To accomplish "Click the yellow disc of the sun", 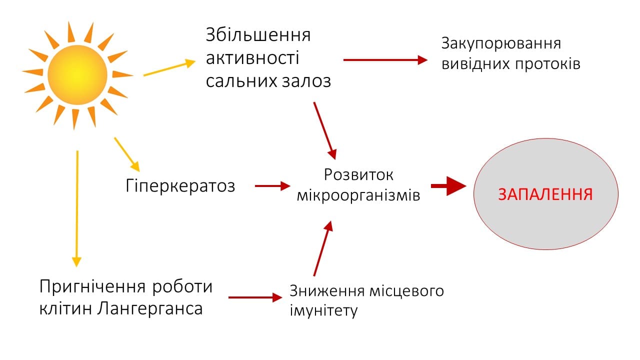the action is click(x=77, y=75).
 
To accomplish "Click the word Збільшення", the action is click(x=258, y=35).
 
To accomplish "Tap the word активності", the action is click(x=252, y=58).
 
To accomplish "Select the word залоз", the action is click(x=306, y=81).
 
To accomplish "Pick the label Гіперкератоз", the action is click(x=180, y=186).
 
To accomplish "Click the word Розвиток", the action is click(x=358, y=174).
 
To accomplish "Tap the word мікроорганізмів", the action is click(x=358, y=195).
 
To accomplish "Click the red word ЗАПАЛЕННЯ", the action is click(x=545, y=194).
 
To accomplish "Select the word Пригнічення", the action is click(x=93, y=287).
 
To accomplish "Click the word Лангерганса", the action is click(x=149, y=308).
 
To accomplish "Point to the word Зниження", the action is click(x=327, y=291).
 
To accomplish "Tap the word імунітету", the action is click(x=323, y=311).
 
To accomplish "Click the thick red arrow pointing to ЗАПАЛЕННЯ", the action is click(x=448, y=186).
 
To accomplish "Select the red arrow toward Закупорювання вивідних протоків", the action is click(x=385, y=60).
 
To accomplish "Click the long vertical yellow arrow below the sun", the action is click(x=77, y=208).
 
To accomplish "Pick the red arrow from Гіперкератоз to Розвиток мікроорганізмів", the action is click(x=272, y=186).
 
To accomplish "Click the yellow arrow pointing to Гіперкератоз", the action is click(x=127, y=154).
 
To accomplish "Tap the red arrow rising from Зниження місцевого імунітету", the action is click(x=323, y=248).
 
